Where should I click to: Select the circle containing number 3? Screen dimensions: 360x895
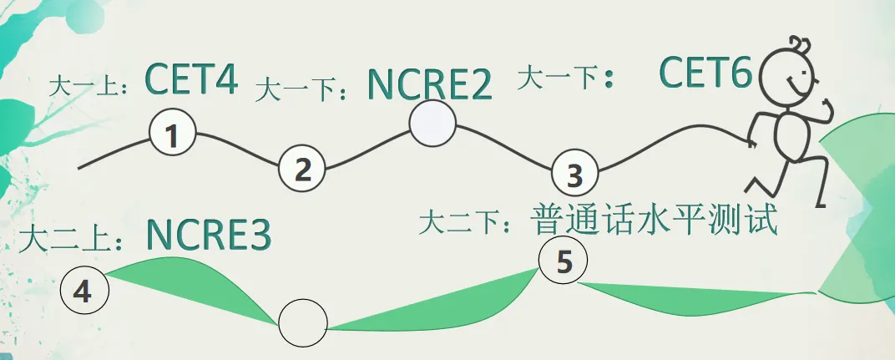[575, 175]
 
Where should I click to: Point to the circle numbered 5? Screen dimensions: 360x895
[564, 261]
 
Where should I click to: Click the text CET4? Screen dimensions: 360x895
[191, 79]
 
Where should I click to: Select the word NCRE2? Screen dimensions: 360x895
[429, 85]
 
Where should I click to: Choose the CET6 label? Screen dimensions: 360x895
[705, 74]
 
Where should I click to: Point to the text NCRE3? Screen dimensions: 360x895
[209, 236]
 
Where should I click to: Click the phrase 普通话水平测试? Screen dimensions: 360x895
[655, 219]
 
